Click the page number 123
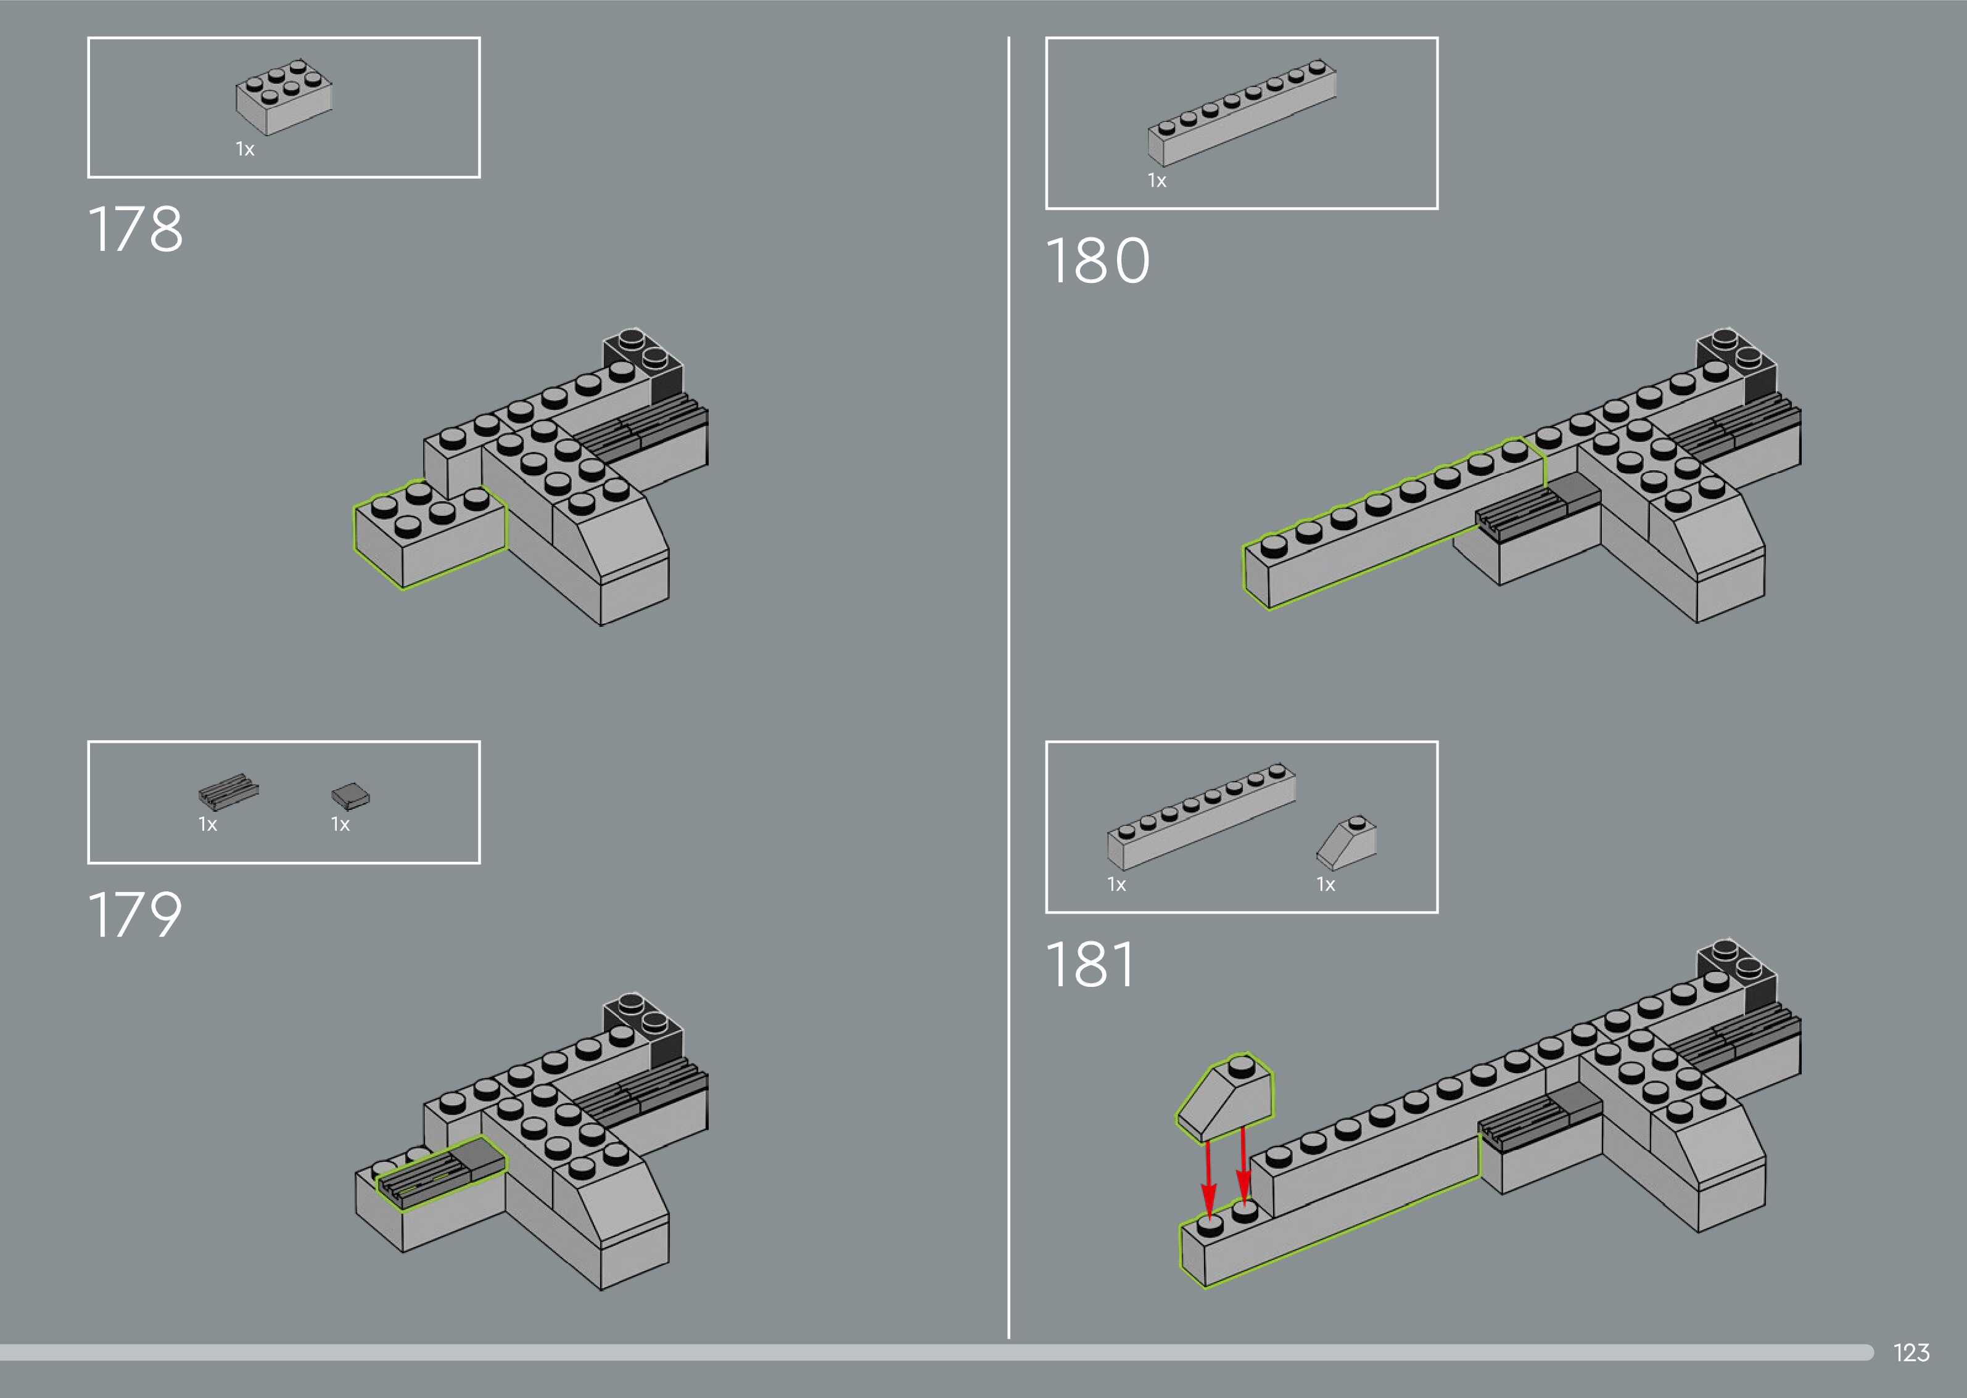point(1911,1352)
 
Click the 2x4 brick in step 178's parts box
point(283,96)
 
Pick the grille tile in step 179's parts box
point(228,790)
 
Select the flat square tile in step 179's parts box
point(350,795)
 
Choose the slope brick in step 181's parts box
point(1346,843)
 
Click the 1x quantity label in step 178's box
point(245,150)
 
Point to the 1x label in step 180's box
point(1157,181)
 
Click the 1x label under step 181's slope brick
point(1326,885)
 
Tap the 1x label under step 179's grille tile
point(207,825)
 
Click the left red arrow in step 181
point(1208,1179)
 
